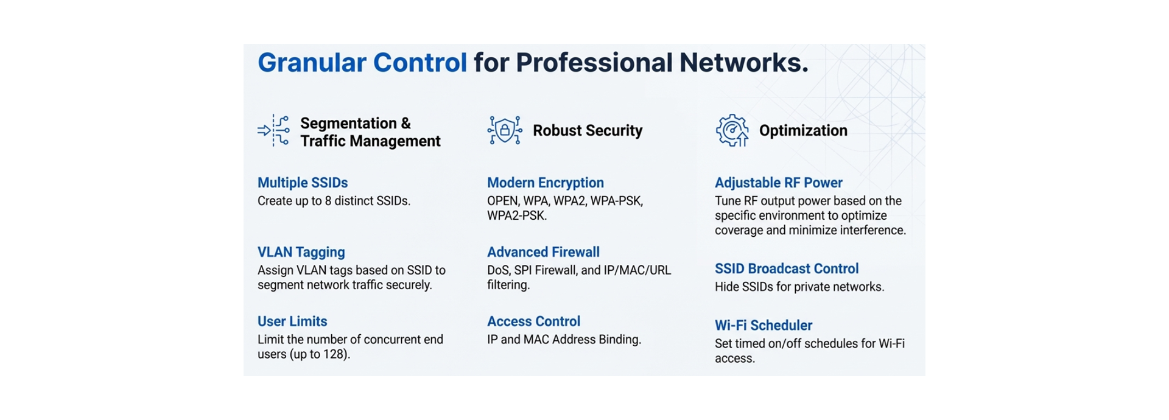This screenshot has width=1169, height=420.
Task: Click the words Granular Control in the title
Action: pos(362,63)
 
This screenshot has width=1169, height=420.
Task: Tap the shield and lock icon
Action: pos(505,130)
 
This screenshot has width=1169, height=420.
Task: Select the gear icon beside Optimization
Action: pos(732,130)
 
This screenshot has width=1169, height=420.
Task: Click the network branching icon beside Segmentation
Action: pos(273,130)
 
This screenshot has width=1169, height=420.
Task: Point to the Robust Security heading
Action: pos(588,130)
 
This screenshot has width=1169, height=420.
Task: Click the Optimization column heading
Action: pos(803,130)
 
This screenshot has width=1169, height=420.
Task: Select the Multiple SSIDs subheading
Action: pos(303,183)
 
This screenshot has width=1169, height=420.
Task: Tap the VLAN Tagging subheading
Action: pos(301,252)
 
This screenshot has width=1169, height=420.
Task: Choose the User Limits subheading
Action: pos(292,321)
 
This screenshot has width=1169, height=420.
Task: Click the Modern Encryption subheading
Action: pos(546,183)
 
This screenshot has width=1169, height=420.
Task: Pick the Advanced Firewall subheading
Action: pos(543,252)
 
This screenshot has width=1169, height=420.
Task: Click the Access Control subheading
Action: pos(533,321)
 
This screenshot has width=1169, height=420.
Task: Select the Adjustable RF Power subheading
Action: pos(779,183)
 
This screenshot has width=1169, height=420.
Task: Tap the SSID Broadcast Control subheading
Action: pos(787,268)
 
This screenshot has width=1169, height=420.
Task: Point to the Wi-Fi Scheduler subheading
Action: pos(764,325)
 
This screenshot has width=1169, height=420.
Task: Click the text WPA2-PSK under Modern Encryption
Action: pos(516,215)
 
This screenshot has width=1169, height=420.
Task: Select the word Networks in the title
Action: pos(743,63)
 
